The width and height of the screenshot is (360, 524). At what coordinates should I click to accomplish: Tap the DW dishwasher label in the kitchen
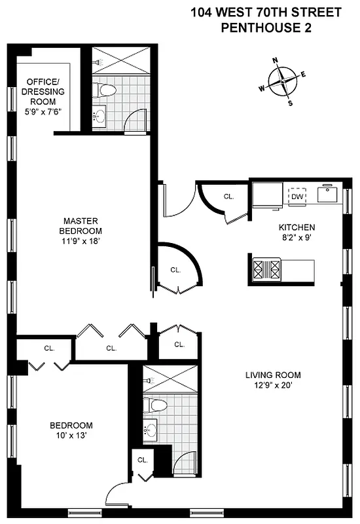coord(297,196)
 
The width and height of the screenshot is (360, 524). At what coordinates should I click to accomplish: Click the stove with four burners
coord(267,269)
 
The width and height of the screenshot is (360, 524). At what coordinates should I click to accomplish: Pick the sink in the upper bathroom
coord(100,117)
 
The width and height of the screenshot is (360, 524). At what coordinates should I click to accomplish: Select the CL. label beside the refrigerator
coord(228,196)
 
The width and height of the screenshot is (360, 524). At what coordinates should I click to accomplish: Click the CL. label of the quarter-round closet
coord(175,269)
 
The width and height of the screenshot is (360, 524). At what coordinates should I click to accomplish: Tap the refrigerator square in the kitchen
coord(267,195)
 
